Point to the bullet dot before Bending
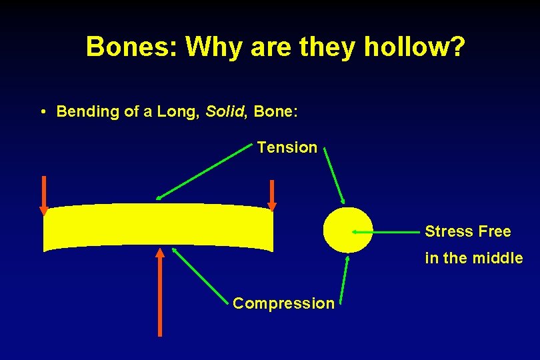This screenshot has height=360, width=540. (42, 112)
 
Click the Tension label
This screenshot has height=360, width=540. (287, 147)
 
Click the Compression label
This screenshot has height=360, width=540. (283, 304)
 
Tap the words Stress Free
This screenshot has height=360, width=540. (467, 232)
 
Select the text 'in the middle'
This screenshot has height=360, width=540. (473, 258)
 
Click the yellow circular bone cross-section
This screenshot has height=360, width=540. (347, 230)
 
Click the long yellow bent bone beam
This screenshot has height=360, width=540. (158, 227)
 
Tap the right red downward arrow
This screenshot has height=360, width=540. (271, 195)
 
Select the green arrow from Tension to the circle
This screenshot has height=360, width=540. (334, 175)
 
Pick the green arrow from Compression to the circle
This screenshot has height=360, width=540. (343, 281)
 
